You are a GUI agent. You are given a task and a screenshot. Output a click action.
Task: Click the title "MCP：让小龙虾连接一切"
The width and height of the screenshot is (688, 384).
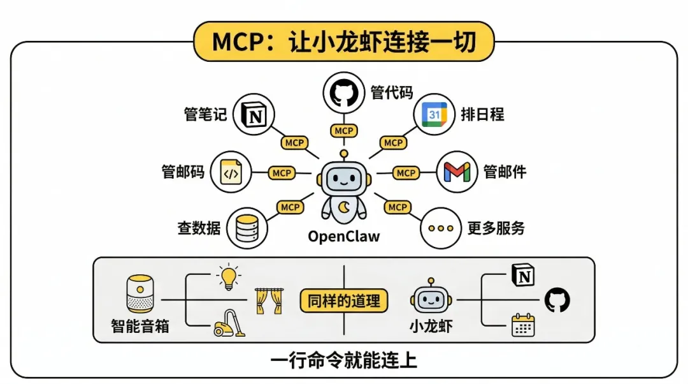[x=343, y=41]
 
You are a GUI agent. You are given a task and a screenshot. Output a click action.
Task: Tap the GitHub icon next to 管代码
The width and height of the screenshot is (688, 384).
[x=344, y=93]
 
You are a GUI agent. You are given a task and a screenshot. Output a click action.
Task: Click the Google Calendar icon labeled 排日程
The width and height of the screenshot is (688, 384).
[x=434, y=115]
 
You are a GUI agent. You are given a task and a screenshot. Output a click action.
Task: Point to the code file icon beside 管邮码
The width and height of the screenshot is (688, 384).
[x=231, y=172]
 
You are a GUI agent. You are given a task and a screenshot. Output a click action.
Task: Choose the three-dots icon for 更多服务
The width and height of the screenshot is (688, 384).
[x=441, y=228]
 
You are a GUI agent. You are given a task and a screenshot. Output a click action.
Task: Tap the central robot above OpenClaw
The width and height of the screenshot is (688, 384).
[x=344, y=188]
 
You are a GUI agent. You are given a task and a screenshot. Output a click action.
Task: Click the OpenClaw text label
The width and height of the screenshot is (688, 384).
[x=344, y=237]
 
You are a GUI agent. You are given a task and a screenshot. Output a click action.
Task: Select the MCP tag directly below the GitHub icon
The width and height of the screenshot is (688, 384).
[x=344, y=131]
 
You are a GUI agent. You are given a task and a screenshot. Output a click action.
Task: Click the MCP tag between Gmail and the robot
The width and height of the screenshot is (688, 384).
[x=406, y=173]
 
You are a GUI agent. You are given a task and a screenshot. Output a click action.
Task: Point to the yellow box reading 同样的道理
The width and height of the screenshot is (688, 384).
[x=344, y=300]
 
